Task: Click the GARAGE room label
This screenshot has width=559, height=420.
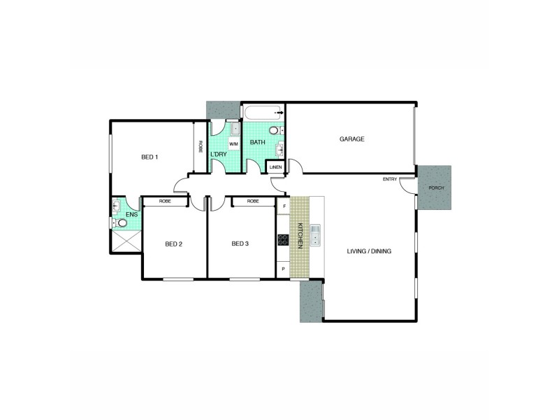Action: [x=352, y=139]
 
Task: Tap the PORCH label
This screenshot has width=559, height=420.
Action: [x=435, y=188]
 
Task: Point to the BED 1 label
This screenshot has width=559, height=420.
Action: [x=150, y=157]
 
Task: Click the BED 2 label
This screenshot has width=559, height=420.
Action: [x=173, y=244]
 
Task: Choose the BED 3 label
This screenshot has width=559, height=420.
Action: [x=240, y=244]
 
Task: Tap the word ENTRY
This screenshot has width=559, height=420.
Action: [x=389, y=179]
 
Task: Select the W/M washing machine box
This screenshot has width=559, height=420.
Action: [x=234, y=143]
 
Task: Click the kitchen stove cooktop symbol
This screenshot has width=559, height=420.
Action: [x=283, y=240]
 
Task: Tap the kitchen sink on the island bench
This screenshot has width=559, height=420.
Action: [x=315, y=235]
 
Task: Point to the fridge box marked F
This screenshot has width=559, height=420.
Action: [x=283, y=206]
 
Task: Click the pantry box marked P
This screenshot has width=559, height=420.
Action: [x=283, y=269]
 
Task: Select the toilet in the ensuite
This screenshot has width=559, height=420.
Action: [x=122, y=223]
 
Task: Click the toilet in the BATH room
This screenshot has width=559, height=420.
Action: [x=273, y=129]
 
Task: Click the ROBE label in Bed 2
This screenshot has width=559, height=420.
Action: [x=165, y=202]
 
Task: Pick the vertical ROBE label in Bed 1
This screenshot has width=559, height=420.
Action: [x=201, y=147]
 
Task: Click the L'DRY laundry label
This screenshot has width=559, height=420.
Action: [x=219, y=153]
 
